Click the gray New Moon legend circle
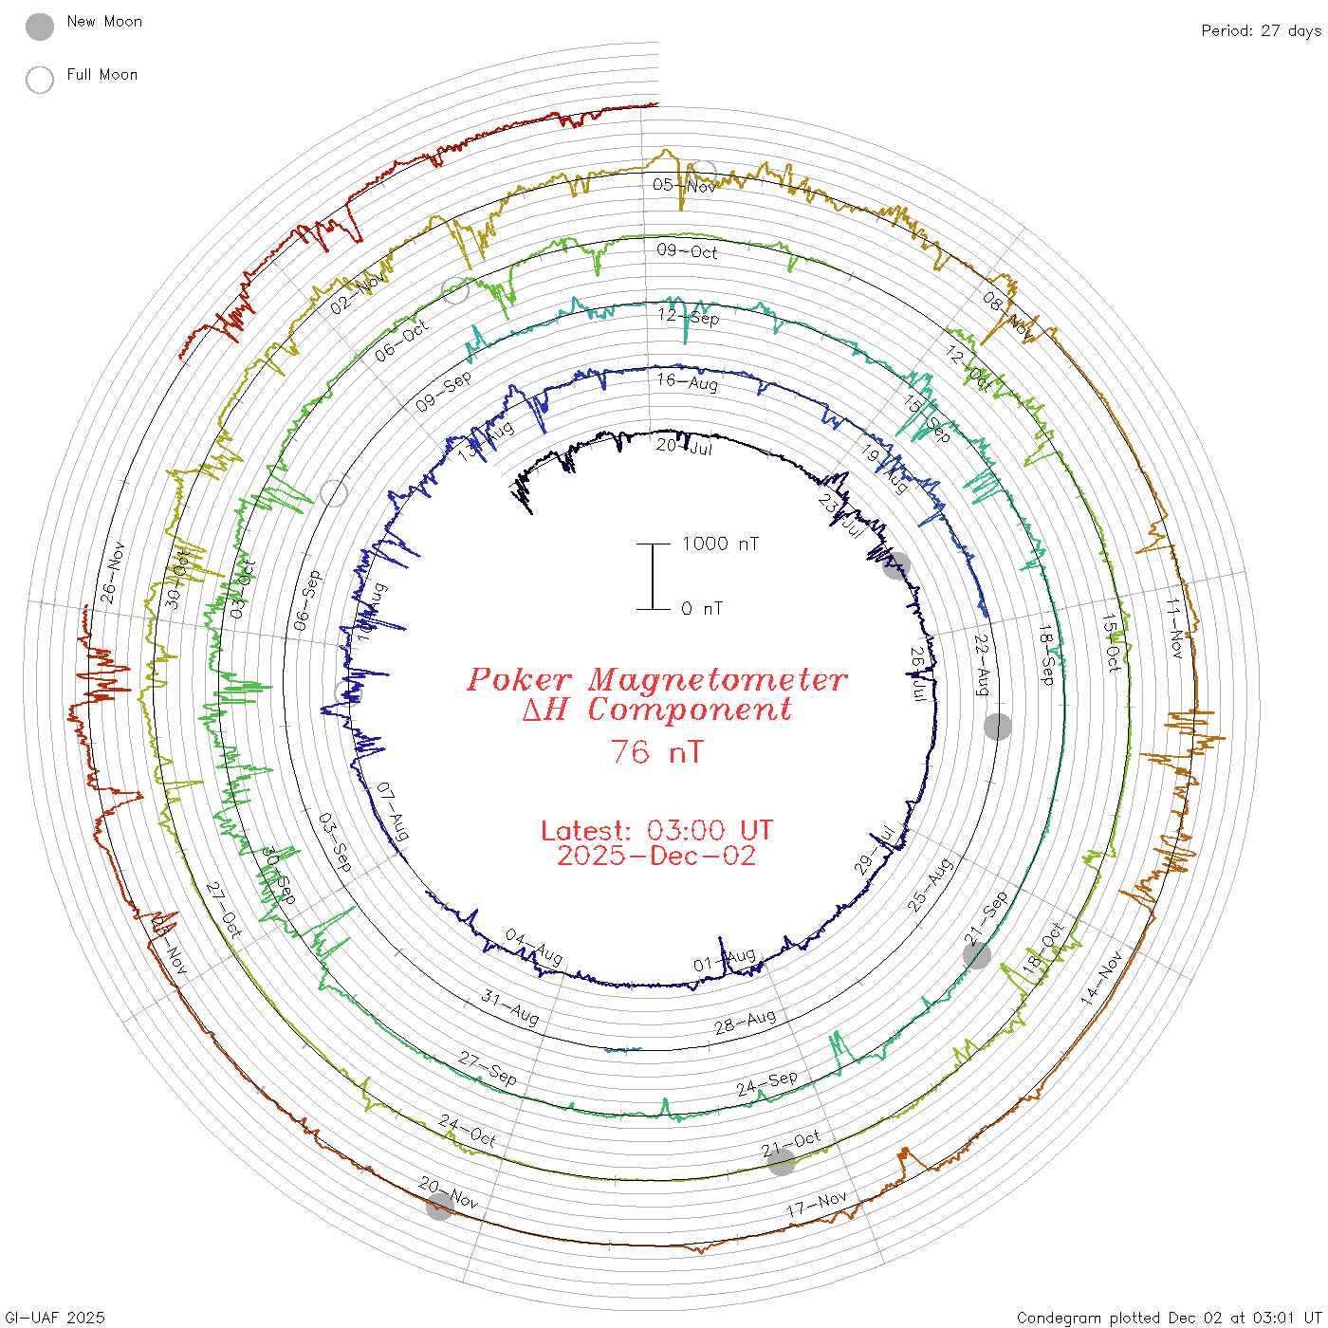[40, 28]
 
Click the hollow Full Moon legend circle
[40, 81]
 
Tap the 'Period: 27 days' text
[1261, 31]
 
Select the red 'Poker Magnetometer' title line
[656, 679]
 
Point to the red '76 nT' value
[656, 752]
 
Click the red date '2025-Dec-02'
[656, 856]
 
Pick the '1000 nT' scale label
[720, 544]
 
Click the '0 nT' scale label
[702, 608]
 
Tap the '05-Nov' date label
[684, 185]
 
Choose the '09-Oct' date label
[687, 251]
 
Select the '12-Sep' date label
[689, 316]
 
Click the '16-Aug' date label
[687, 381]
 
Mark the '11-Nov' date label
[1174, 629]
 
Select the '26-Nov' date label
[113, 572]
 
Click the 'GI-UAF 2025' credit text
[55, 1318]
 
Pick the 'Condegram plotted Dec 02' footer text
[1169, 1318]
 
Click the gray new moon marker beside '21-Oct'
[781, 1161]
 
